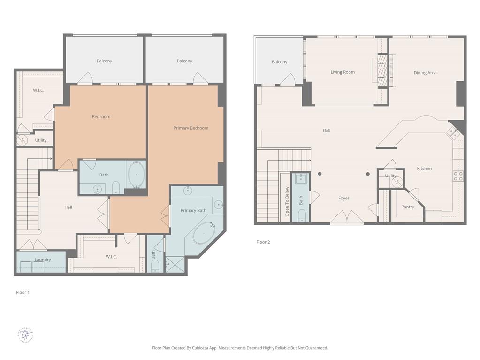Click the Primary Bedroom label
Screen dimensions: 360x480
[190, 128]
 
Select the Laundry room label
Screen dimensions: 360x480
[43, 260]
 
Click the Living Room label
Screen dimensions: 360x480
[343, 72]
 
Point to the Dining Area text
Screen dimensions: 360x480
[425, 73]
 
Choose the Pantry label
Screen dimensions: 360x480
[408, 207]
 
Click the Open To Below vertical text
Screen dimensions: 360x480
[287, 201]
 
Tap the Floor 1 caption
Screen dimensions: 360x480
[23, 292]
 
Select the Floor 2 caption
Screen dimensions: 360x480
[263, 242]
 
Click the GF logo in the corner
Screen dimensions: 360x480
[26, 335]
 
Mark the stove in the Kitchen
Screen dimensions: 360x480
[458, 176]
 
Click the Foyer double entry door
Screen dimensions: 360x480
[347, 217]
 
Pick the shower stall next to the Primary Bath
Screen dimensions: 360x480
[175, 264]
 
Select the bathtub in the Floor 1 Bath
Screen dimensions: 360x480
[137, 174]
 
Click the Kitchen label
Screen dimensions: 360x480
[424, 169]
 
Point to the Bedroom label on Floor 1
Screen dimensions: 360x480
[101, 116]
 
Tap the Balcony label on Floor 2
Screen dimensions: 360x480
[279, 62]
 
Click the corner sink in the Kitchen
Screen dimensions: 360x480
[454, 132]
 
